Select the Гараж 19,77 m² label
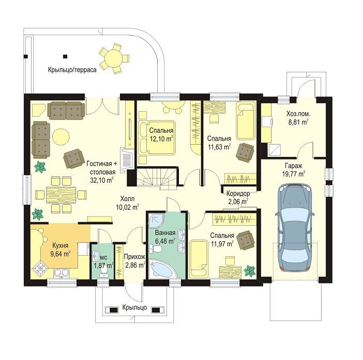[294, 169]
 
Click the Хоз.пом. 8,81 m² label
[298, 118]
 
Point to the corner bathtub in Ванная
[161, 269]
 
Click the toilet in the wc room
[103, 272]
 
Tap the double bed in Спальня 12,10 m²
[156, 137]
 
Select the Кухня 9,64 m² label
[61, 249]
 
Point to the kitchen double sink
[62, 273]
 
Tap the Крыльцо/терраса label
[72, 70]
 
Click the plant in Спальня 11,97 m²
[250, 271]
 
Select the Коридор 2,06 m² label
[238, 197]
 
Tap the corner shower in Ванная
[156, 221]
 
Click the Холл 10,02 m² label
[127, 203]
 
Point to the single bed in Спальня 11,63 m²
[246, 121]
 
